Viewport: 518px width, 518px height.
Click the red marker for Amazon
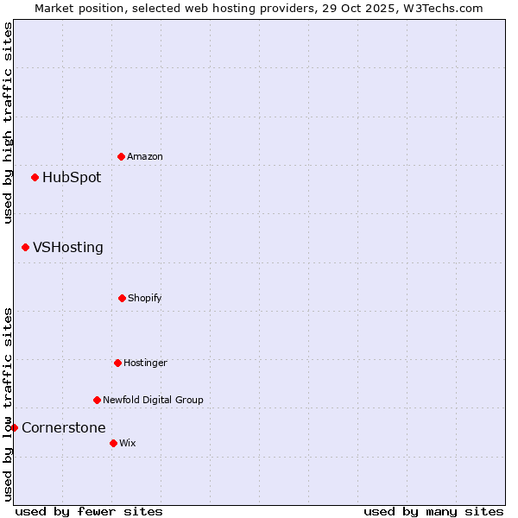coord(121,156)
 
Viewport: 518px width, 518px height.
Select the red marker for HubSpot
coord(35,178)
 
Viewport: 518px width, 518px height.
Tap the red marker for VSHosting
coord(25,248)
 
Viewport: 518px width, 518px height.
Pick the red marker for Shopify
coord(122,298)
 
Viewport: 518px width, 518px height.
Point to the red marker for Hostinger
coord(117,363)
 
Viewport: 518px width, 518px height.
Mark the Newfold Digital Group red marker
coord(97,400)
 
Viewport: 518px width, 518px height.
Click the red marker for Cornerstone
coord(14,427)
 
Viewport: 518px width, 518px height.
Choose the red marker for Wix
coord(113,443)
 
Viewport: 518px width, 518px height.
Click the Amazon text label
coord(145,156)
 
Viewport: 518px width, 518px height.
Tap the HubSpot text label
coord(72,178)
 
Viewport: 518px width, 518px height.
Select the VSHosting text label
coord(68,248)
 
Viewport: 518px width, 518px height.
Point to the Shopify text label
coord(145,298)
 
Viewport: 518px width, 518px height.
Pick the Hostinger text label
coord(145,363)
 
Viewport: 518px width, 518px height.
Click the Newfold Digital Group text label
coord(153,400)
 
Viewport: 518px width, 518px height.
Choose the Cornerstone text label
coord(64,427)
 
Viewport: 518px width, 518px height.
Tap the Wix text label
coord(128,443)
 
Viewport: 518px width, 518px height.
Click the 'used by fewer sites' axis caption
coord(89,511)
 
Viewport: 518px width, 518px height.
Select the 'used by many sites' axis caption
coord(433,511)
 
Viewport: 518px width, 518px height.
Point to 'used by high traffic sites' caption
coord(8,123)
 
